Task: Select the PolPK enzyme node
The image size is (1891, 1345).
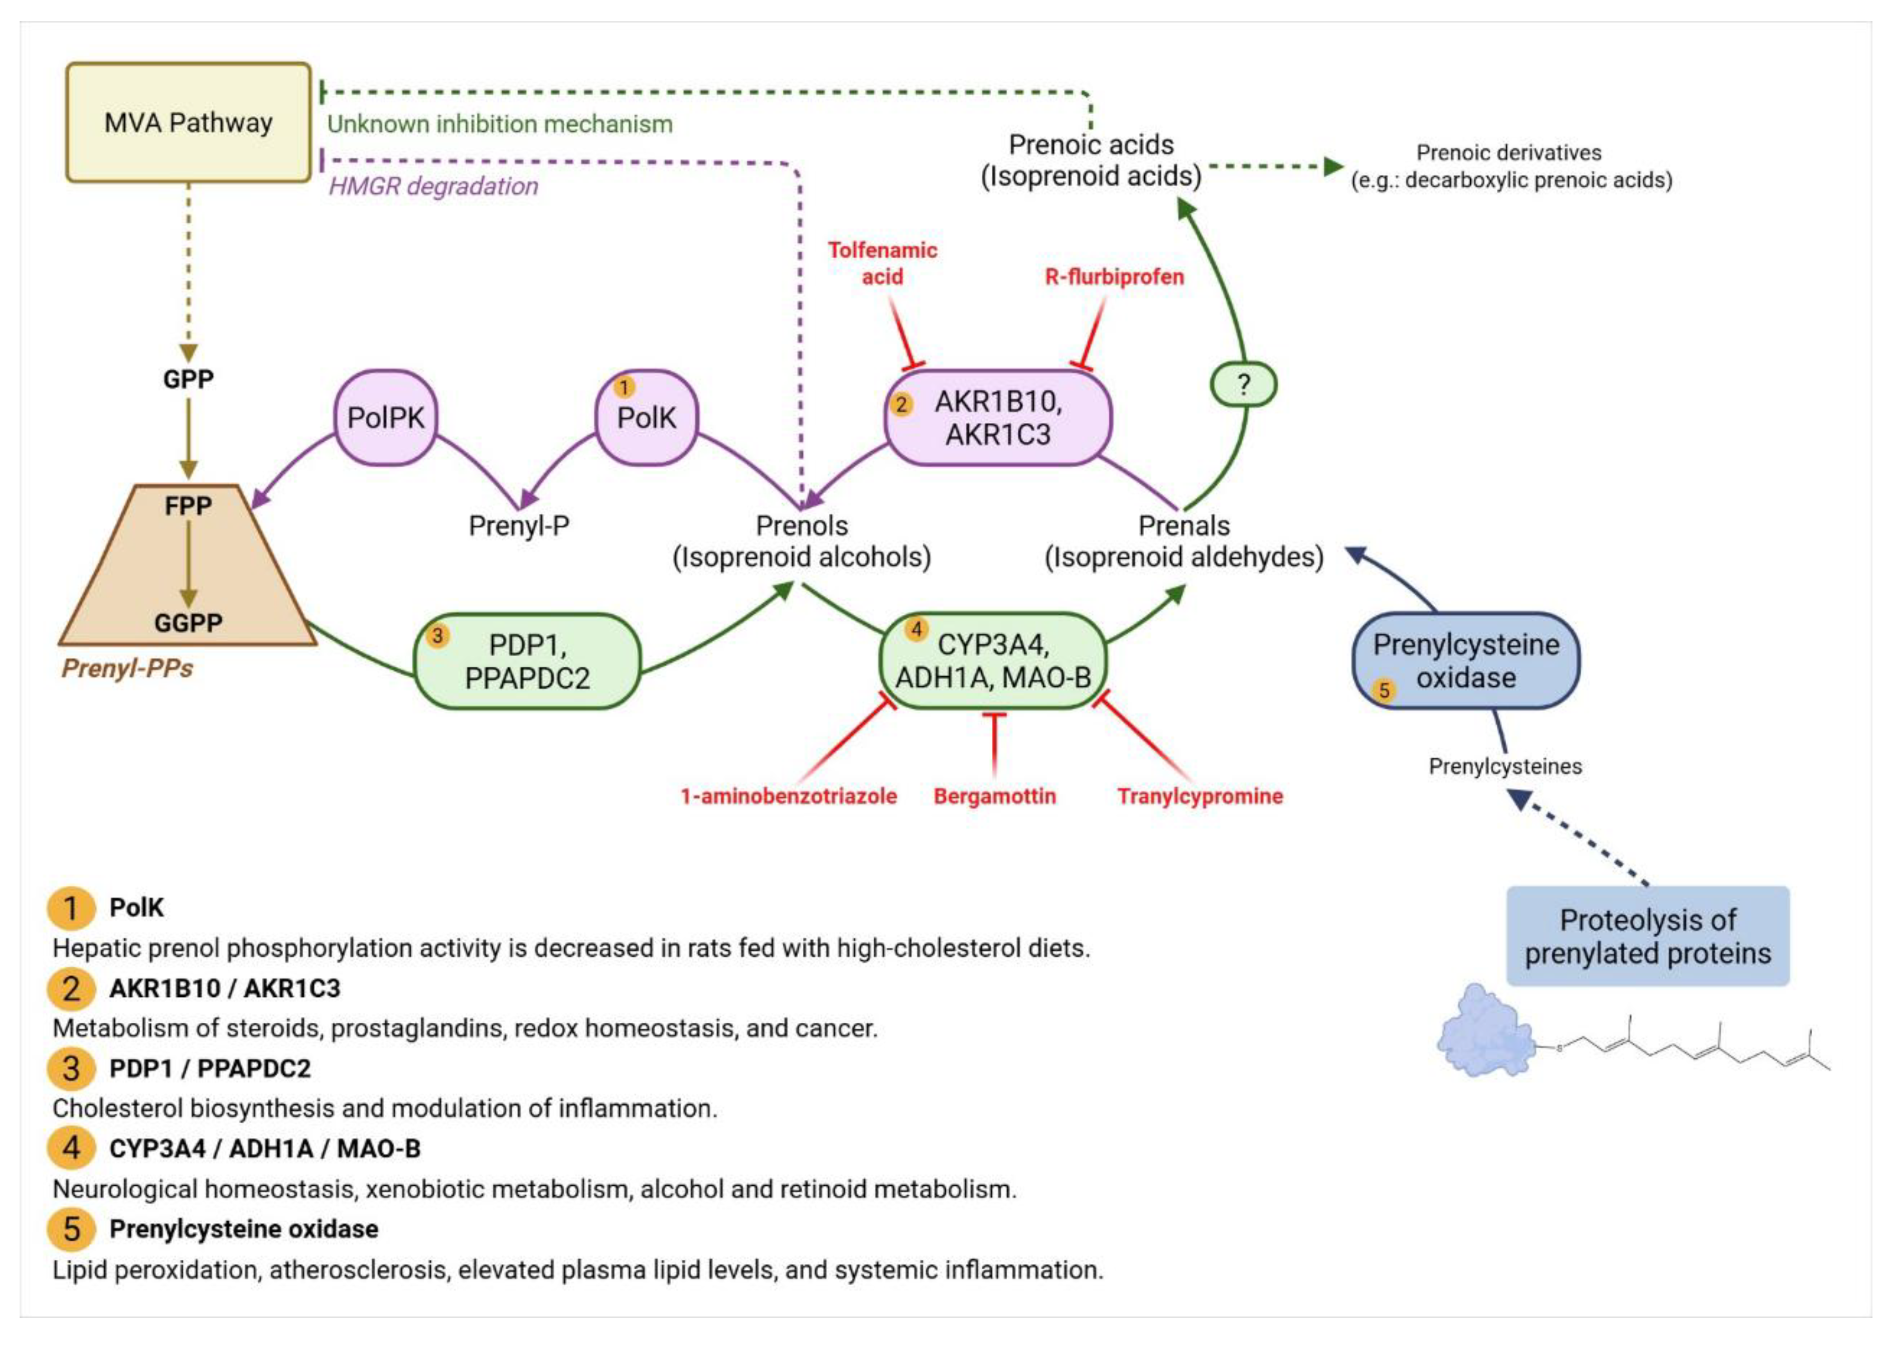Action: (385, 417)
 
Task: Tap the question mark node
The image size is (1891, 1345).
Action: (1243, 384)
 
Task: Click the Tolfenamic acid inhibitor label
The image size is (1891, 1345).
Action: (882, 263)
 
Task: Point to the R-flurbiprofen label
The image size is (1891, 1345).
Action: (1114, 277)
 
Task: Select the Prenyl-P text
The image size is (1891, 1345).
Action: (519, 525)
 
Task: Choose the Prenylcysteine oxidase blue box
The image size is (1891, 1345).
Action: (1465, 661)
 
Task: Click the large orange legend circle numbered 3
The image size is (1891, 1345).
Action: (71, 1068)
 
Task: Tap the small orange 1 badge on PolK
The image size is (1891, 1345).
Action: (623, 387)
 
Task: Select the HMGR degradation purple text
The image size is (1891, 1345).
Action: (433, 186)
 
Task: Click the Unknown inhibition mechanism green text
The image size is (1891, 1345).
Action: (500, 124)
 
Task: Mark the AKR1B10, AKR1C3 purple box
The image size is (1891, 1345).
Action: (998, 417)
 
